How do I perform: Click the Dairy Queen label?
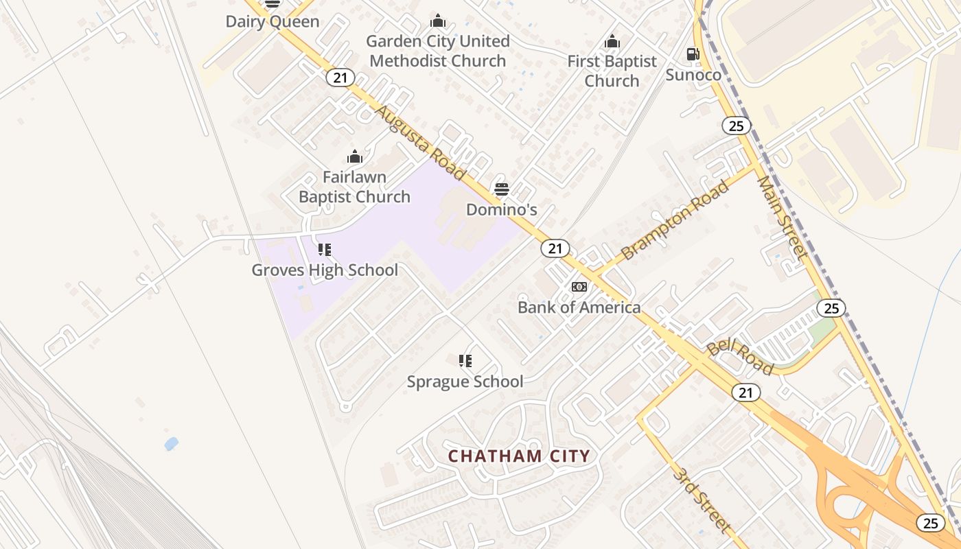point(273,21)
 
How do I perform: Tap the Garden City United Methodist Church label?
point(438,51)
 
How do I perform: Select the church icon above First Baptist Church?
point(612,42)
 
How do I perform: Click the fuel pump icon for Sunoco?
point(693,54)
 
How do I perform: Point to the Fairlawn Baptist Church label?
point(354,187)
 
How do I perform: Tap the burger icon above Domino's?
point(502,189)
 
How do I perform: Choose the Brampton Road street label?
point(674,220)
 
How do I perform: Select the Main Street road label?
point(782,217)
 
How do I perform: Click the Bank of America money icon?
point(579,287)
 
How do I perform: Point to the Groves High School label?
point(325,270)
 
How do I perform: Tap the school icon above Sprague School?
point(465,360)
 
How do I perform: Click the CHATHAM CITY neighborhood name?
point(519,456)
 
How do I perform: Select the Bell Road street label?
point(740,356)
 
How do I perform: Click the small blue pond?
point(171,444)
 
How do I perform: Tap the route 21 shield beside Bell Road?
point(745,393)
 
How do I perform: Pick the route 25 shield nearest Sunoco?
point(736,126)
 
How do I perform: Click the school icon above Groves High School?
point(325,250)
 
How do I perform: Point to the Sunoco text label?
point(693,75)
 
